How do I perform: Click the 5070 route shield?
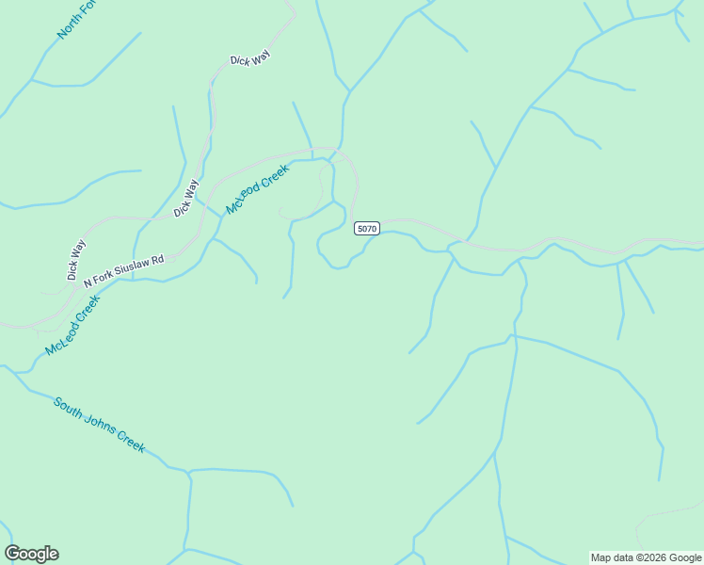367,229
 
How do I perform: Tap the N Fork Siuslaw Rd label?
123,271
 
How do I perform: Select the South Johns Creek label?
99,425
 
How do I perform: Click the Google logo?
31,554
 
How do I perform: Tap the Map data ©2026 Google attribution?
645,557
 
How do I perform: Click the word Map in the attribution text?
601,557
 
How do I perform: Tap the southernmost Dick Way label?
76,260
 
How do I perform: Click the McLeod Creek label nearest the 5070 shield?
257,188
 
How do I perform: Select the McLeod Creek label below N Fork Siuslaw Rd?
72,325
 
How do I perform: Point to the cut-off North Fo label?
76,20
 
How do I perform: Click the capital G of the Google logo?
12,554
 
